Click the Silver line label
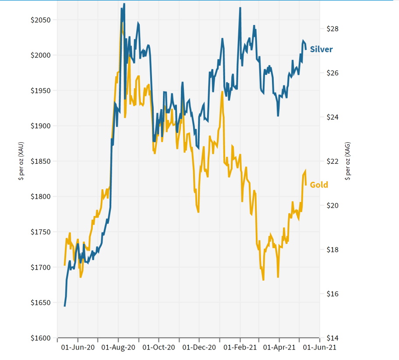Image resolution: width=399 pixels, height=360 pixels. (x=321, y=49)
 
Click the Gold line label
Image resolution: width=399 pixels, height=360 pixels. (x=319, y=185)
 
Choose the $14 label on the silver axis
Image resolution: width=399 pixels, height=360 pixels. (x=333, y=338)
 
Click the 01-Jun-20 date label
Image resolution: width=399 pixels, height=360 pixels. (x=78, y=347)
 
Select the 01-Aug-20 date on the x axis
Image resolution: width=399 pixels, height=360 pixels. (x=118, y=347)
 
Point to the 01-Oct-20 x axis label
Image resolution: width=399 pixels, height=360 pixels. (x=159, y=347)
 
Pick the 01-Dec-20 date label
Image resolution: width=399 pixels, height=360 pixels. (x=199, y=347)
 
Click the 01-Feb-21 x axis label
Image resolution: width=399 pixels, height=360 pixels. (x=240, y=347)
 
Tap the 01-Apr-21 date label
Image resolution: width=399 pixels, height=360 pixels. (x=279, y=347)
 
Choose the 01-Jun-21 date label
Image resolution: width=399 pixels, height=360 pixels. (x=319, y=347)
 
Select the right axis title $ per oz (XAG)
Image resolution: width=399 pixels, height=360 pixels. (x=348, y=161)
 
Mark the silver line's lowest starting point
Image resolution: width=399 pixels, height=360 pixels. (x=65, y=306)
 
